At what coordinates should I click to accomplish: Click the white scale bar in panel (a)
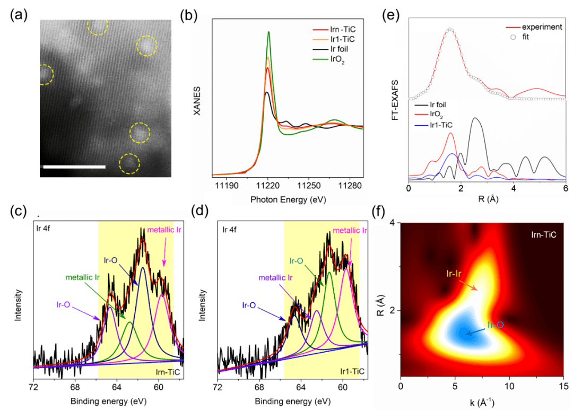coord(74,167)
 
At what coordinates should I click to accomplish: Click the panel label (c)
coord(19,211)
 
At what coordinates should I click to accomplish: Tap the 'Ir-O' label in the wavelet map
coord(493,325)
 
